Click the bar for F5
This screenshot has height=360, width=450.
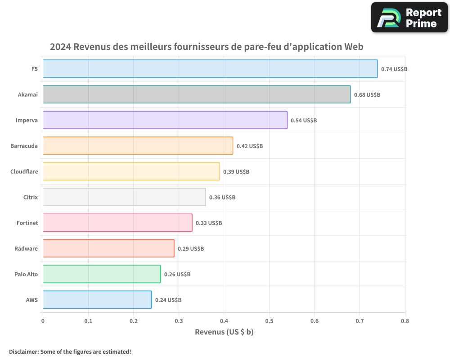point(210,69)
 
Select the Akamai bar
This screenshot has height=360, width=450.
point(197,94)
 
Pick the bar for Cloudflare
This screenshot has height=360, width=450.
point(131,171)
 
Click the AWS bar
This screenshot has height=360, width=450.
point(97,300)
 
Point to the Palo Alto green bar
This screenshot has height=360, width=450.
point(102,274)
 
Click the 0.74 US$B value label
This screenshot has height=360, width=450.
point(394,69)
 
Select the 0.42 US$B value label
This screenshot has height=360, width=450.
point(250,146)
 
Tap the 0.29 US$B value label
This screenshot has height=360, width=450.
point(191,249)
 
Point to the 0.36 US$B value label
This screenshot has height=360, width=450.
point(222,198)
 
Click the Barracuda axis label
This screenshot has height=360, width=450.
point(24,146)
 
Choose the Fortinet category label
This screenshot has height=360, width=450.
point(27,223)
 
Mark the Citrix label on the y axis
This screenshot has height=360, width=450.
point(31,197)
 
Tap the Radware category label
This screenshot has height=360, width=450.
point(27,248)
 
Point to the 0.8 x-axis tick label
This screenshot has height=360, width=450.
point(405,321)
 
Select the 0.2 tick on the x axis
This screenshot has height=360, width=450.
point(133,321)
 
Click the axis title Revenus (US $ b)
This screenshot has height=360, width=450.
point(224,332)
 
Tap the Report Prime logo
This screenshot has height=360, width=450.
point(409,18)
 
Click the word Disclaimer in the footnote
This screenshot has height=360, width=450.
point(23,351)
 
